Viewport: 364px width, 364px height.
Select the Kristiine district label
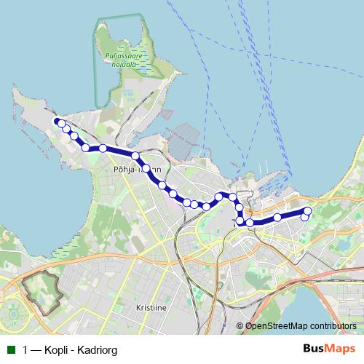[151, 308]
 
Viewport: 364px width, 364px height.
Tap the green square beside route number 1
[11, 350]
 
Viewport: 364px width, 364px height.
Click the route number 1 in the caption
[26, 350]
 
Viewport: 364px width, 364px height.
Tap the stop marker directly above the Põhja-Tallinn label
[135, 156]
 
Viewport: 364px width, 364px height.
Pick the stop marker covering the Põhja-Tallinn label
[148, 169]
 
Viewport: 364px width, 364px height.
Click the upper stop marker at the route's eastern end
[307, 211]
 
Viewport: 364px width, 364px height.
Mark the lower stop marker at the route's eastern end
[305, 217]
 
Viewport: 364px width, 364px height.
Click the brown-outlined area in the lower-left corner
[41, 292]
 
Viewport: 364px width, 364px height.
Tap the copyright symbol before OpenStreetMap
[240, 326]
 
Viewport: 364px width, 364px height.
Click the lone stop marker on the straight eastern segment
[277, 218]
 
